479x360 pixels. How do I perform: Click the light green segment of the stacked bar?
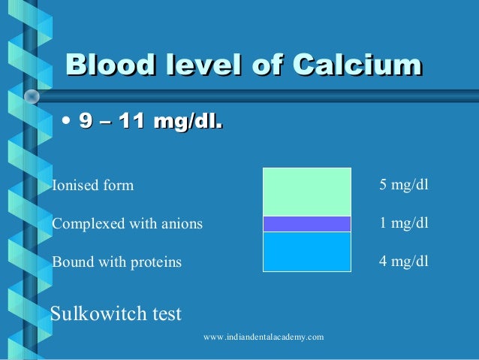coord(306,192)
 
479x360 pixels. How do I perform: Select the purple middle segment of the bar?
coord(306,224)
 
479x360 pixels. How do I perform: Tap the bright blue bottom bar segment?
coord(306,251)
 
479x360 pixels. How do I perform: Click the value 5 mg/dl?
coord(404,185)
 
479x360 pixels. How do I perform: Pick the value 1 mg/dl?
coord(404,223)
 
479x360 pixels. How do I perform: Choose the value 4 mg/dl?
coord(404,262)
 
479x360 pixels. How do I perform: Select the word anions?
coord(183,224)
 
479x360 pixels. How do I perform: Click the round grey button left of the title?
coord(32,96)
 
